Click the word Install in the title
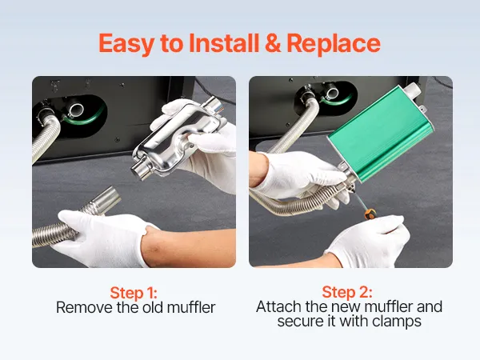click(224, 43)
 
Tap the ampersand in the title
click(273, 43)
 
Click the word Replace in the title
click(334, 44)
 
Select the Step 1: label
click(134, 293)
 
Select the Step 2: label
click(347, 292)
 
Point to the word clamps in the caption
click(397, 322)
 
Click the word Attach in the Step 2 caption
click(278, 306)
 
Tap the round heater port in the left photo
click(75, 110)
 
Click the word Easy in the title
click(126, 44)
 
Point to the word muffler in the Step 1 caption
click(191, 307)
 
